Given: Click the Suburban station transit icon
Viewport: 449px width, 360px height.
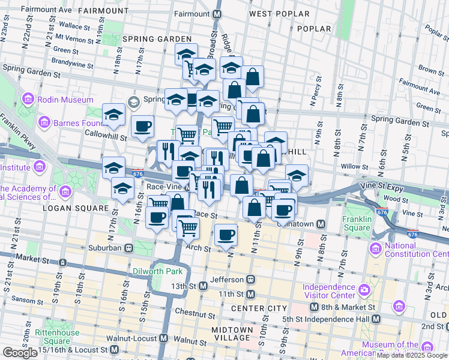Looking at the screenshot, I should pos(128,247).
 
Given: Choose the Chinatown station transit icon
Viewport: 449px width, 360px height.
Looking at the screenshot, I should pos(321,224).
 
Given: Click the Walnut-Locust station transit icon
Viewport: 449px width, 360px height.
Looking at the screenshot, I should pos(164,338).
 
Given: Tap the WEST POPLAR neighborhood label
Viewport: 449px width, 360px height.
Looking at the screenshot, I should pos(279,13).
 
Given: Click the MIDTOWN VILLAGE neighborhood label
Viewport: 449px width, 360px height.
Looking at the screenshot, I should pos(232,334).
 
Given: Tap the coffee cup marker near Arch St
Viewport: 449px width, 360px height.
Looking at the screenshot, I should pos(226,235).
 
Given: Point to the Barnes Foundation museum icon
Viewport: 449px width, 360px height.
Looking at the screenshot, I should pos(44,124).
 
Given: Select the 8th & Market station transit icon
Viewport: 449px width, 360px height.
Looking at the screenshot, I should pos(314,307).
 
